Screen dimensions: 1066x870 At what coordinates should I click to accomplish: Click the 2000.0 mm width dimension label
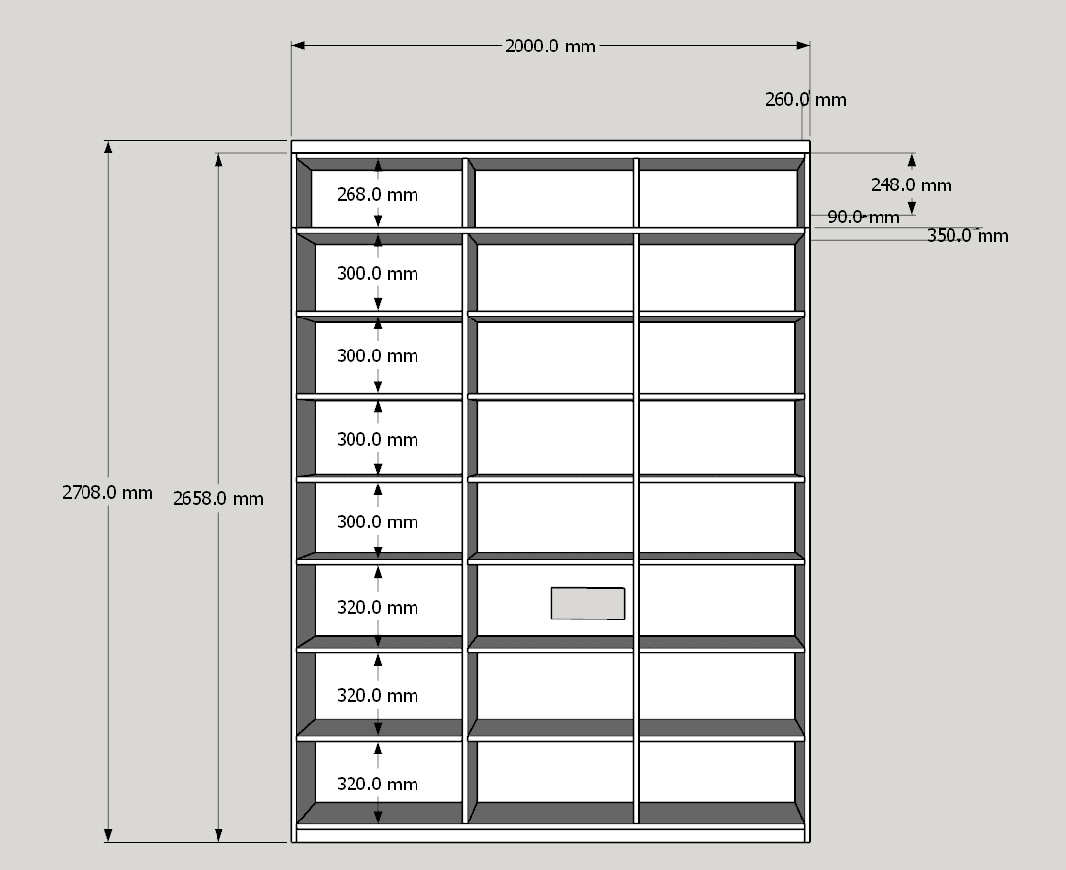[x=550, y=47]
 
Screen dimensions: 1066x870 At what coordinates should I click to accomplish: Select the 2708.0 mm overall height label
[x=108, y=493]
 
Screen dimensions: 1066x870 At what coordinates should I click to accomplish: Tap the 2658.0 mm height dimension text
[x=218, y=498]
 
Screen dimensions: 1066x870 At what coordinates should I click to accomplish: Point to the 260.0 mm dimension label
[x=806, y=99]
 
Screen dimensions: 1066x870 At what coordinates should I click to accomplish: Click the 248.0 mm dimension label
[x=911, y=184]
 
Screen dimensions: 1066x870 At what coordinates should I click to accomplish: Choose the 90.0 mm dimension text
[x=863, y=217]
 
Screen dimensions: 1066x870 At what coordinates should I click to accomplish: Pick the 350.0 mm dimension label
[x=967, y=236]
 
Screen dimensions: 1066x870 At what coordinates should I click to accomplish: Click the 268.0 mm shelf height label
[x=378, y=194]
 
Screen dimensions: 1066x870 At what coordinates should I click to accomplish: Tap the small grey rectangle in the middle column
[x=588, y=604]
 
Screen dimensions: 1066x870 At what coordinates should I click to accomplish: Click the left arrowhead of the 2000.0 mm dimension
[x=298, y=45]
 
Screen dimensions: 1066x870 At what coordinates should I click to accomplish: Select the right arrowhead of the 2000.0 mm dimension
[x=803, y=45]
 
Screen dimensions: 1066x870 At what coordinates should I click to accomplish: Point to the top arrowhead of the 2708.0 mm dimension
[x=108, y=147]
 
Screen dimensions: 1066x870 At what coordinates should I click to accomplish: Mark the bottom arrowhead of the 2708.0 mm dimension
[x=108, y=835]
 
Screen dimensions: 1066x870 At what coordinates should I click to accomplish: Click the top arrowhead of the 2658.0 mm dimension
[x=218, y=159]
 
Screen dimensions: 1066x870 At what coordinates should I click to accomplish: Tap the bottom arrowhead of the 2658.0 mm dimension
[x=218, y=835]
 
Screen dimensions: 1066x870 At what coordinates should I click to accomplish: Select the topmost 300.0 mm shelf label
[x=378, y=273]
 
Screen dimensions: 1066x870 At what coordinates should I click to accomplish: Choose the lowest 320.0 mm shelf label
[x=378, y=784]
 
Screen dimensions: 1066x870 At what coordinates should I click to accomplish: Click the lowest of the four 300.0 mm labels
[x=378, y=522]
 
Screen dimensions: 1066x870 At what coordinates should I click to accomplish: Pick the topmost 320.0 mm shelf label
[x=378, y=607]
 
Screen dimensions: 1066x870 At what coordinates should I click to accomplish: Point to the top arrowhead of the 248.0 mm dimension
[x=911, y=160]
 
